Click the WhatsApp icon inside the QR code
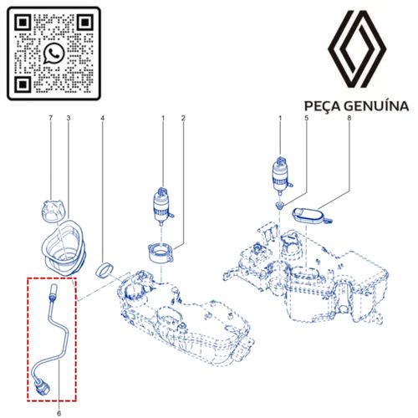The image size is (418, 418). pos(54,54)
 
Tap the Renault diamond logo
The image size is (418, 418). pos(357,49)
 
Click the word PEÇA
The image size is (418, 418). pos(322,106)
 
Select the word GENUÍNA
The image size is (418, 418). pos(376,106)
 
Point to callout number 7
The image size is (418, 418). pos(50,118)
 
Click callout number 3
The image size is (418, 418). pos(69,118)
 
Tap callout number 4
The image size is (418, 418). pos(103,118)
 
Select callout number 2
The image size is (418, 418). pos(183,118)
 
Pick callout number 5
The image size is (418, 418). pos(307,118)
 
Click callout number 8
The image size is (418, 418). pos(349,118)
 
